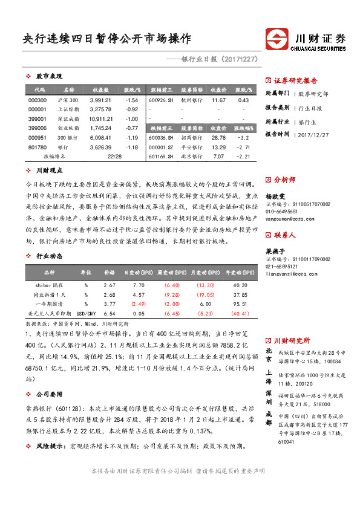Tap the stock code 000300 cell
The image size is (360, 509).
click(x=38, y=100)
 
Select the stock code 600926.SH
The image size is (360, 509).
click(x=161, y=100)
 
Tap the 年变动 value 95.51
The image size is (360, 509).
click(x=240, y=303)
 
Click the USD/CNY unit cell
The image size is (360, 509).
click(x=87, y=313)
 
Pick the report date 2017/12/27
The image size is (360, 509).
click(x=313, y=134)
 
